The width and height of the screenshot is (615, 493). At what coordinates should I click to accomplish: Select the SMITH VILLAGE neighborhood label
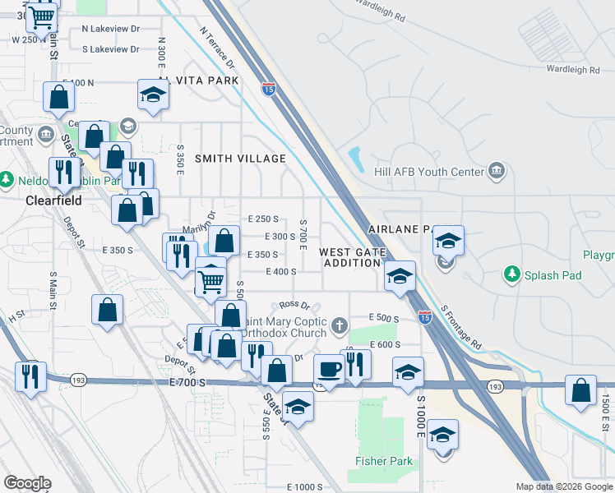coord(240,158)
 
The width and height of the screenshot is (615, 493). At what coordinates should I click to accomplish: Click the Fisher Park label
coord(384,461)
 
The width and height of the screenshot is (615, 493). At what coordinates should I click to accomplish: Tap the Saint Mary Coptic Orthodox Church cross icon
coord(339,327)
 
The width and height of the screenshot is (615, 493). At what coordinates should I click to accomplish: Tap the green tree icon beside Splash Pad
coord(513,273)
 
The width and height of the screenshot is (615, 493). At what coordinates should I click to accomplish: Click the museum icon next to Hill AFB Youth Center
coord(496,171)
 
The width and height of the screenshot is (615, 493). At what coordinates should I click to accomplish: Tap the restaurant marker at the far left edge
coord(30,377)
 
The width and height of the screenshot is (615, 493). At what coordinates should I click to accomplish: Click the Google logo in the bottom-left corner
coord(27,484)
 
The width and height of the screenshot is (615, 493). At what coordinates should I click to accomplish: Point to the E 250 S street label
coord(264,219)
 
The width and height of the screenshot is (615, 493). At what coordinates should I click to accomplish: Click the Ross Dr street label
coord(294,304)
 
